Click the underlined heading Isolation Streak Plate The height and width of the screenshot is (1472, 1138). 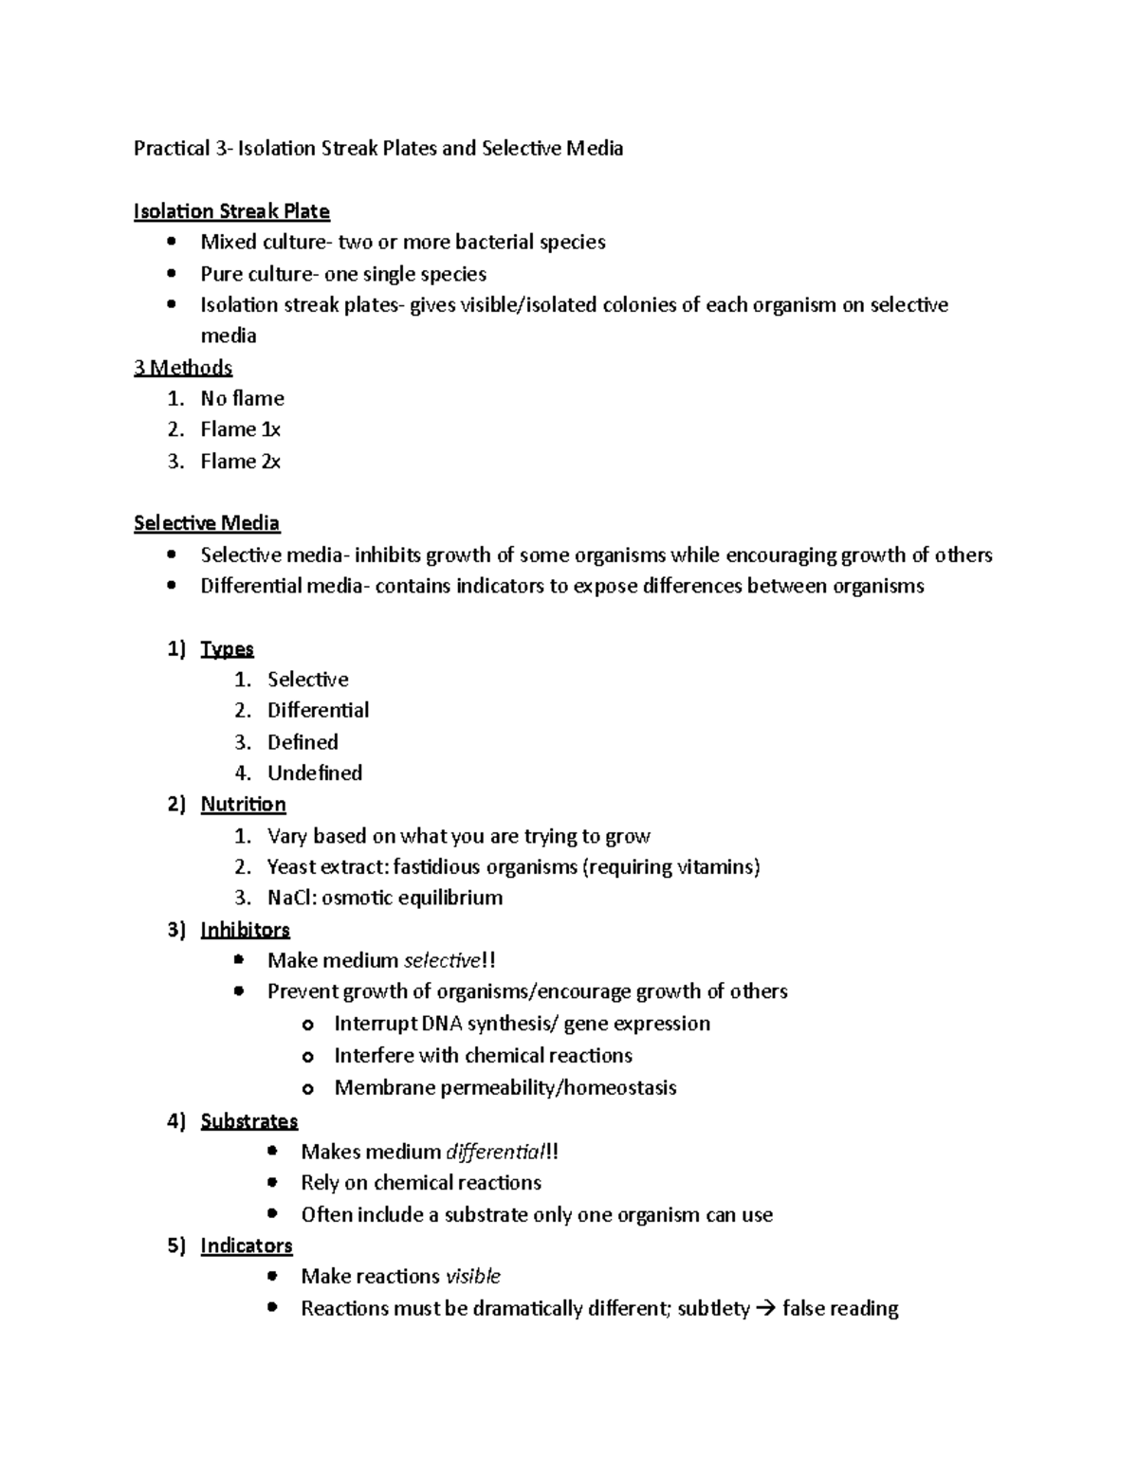pyautogui.click(x=231, y=211)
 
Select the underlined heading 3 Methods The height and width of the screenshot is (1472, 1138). pyautogui.click(x=183, y=368)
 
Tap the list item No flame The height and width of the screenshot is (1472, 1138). pyautogui.click(x=242, y=399)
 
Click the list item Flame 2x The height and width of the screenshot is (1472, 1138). pyautogui.click(x=240, y=462)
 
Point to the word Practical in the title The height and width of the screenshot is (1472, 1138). pyautogui.click(x=170, y=148)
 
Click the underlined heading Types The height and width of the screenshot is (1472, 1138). pyautogui.click(x=227, y=649)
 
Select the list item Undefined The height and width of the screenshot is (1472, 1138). pyautogui.click(x=314, y=773)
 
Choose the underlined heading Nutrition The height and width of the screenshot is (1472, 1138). pyautogui.click(x=243, y=805)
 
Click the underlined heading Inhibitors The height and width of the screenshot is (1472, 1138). pyautogui.click(x=245, y=930)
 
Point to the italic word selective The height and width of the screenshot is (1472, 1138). pyautogui.click(x=441, y=961)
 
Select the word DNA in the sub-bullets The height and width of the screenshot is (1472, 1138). pyautogui.click(x=443, y=1024)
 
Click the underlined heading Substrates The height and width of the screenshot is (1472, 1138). pyautogui.click(x=248, y=1121)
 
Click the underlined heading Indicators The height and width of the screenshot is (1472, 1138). pyautogui.click(x=246, y=1245)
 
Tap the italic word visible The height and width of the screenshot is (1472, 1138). pyautogui.click(x=472, y=1277)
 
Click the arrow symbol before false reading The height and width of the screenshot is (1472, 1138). pyautogui.click(x=765, y=1309)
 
